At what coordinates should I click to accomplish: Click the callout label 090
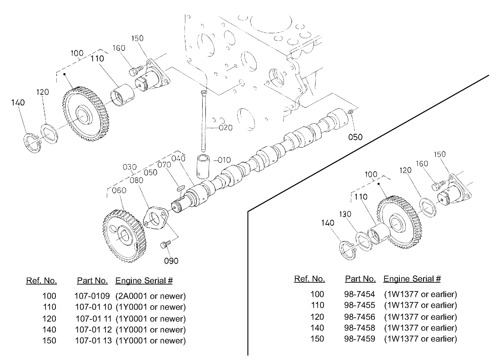171,260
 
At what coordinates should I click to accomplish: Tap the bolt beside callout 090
165,245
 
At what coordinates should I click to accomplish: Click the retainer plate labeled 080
155,219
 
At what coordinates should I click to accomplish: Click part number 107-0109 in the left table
91,296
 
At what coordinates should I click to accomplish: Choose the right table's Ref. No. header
309,279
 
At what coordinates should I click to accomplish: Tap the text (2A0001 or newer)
151,296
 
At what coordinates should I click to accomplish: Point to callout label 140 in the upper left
18,103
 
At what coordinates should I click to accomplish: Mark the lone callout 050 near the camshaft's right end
355,137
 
